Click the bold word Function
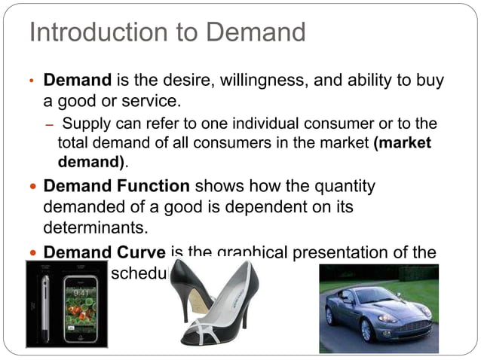[x=154, y=185]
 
